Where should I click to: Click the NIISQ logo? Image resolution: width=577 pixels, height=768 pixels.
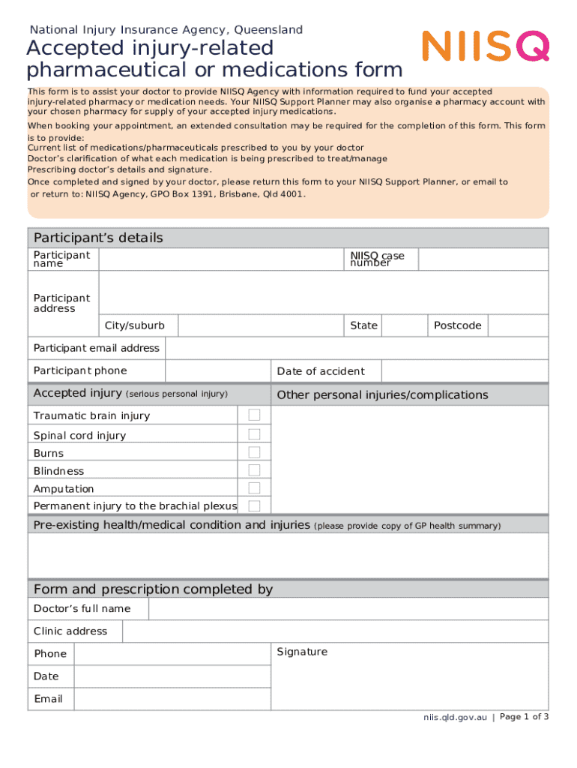point(486,46)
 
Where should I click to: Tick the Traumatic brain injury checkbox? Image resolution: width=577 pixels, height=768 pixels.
point(254,415)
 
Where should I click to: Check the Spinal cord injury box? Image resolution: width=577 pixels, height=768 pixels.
point(254,434)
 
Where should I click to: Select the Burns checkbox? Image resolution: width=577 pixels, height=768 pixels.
point(254,452)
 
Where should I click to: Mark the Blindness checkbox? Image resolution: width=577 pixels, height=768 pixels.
point(254,470)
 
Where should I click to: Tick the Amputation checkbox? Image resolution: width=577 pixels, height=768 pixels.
point(254,488)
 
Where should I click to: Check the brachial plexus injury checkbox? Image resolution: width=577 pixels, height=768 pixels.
point(254,505)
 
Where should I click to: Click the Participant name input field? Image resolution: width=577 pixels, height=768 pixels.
point(221,259)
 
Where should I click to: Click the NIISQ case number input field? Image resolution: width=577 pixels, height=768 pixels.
point(483,259)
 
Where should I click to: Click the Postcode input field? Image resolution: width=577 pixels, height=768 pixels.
point(519,325)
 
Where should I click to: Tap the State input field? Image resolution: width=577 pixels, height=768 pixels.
point(405,325)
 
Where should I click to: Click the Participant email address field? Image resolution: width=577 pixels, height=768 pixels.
point(356,348)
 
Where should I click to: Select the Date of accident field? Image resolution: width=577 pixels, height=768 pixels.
point(465,371)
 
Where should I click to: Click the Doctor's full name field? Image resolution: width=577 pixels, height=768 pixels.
point(348,608)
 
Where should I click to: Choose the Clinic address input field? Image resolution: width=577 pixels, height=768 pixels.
point(335,631)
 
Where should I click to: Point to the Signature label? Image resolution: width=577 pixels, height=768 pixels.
point(302,652)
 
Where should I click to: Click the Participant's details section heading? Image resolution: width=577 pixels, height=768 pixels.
point(98,238)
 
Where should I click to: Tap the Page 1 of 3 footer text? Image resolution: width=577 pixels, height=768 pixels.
point(524,717)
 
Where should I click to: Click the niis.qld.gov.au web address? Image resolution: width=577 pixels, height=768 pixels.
point(455,718)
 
